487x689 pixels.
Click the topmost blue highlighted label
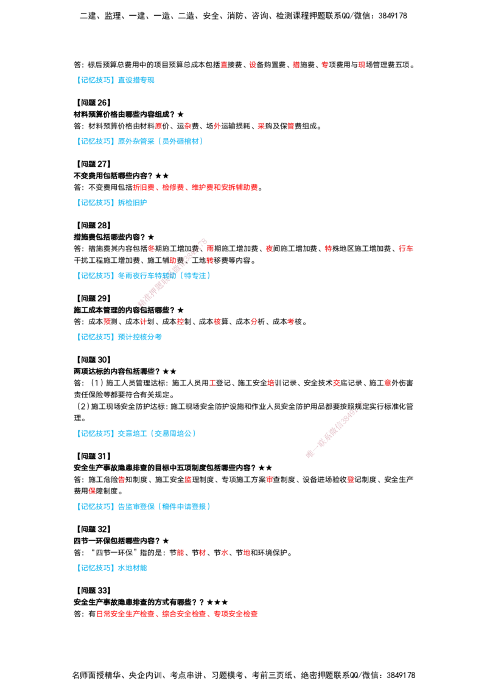point(116,80)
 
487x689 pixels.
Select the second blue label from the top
point(140,141)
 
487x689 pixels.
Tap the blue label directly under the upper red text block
point(112,203)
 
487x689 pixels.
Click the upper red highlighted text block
point(195,187)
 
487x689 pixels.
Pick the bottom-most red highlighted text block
point(177,614)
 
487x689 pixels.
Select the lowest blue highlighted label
point(113,568)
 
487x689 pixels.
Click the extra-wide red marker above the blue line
point(405,248)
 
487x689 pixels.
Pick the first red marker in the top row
point(223,64)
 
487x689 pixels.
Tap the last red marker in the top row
point(361,64)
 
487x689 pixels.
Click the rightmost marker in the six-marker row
point(290,321)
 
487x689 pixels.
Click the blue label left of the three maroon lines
point(138,433)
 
